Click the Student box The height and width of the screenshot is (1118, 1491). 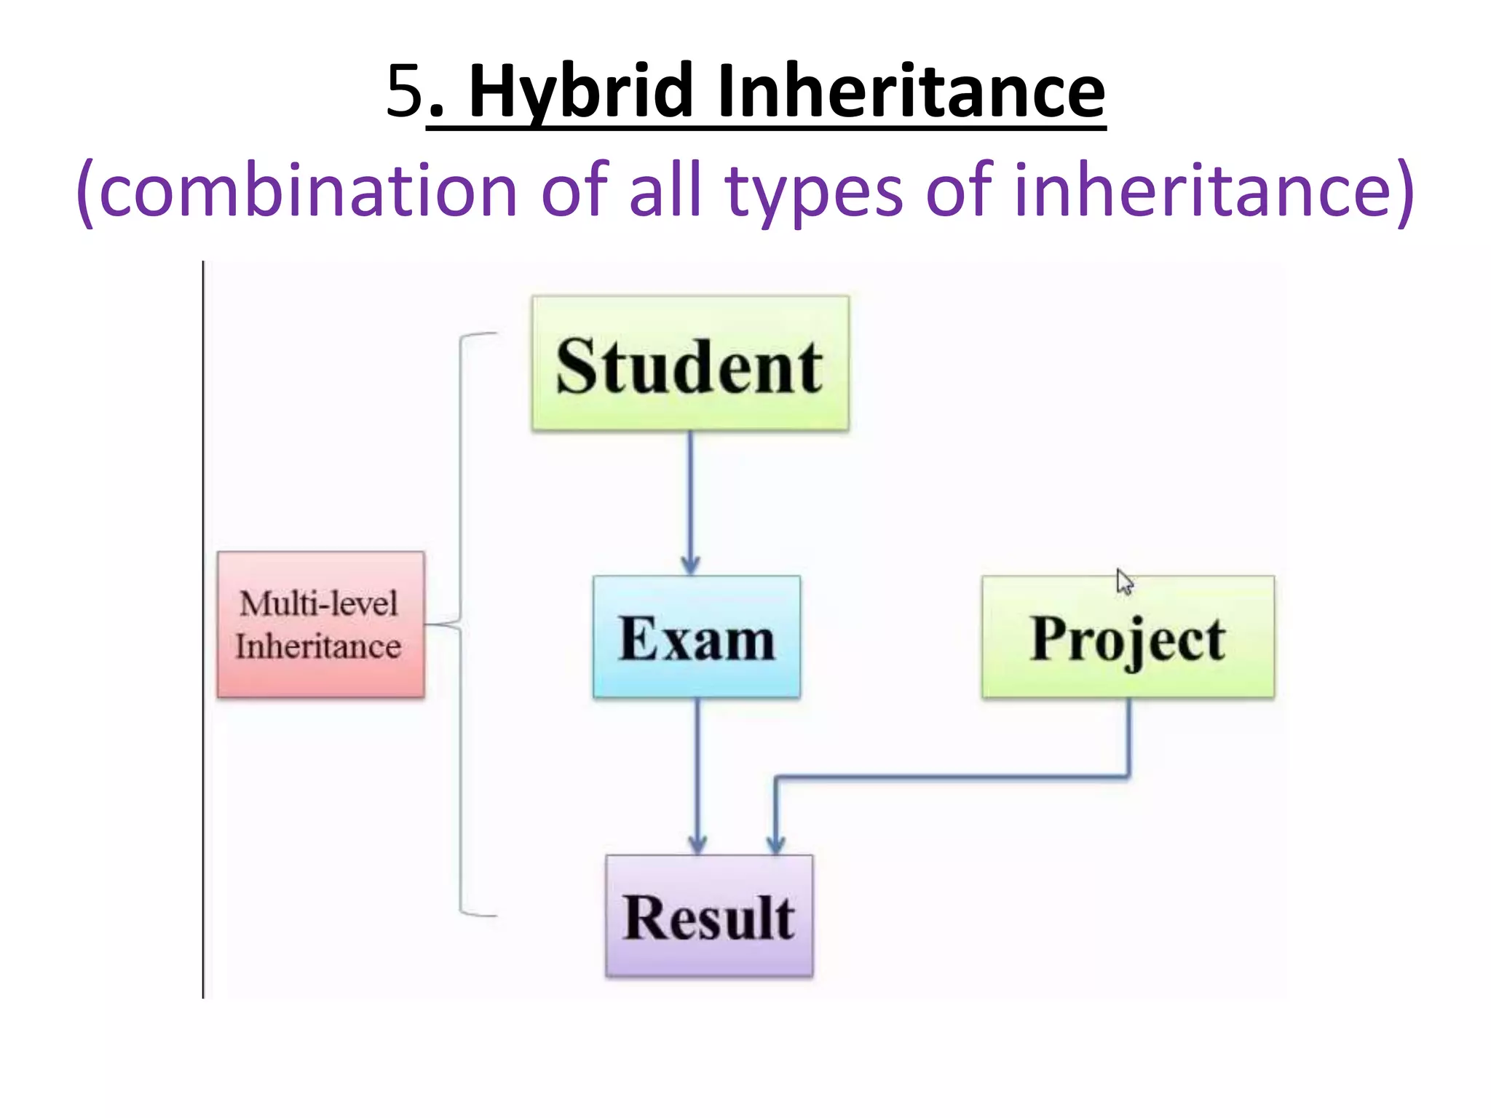pos(689,363)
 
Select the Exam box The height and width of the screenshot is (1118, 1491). pos(696,637)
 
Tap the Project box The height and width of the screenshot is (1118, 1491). pos(1127,637)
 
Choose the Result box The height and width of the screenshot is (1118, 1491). pos(708,915)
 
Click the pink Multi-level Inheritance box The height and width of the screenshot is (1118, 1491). pos(320,625)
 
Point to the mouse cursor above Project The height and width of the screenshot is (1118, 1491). pos(1124,582)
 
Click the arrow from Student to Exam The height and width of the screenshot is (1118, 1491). pos(690,502)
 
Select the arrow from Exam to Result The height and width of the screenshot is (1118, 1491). pos(697,775)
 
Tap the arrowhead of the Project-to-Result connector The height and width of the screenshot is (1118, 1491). pos(776,844)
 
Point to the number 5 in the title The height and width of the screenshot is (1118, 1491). pos(404,91)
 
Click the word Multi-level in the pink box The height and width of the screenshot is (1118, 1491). pos(319,603)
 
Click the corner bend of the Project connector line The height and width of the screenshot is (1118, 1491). pos(1128,777)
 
